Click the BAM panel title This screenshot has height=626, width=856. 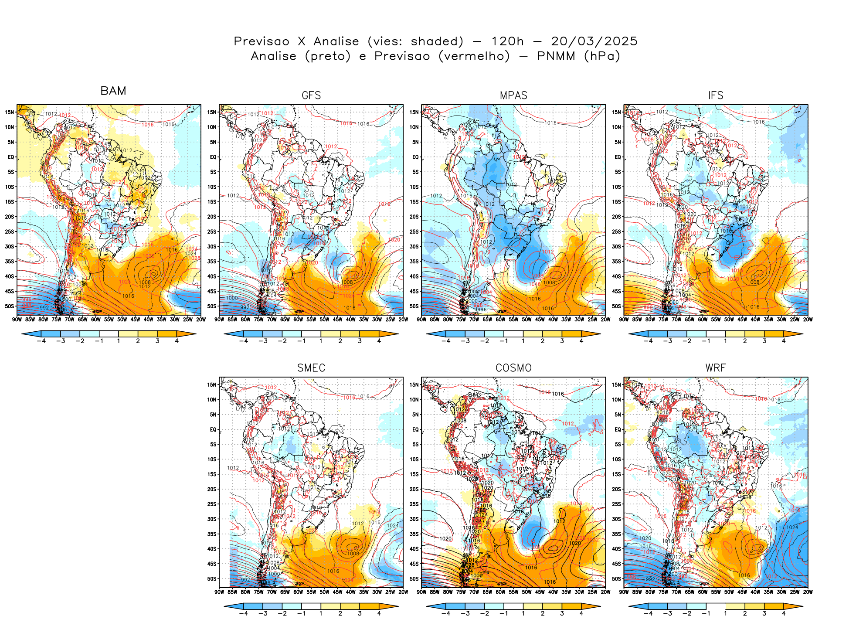click(113, 91)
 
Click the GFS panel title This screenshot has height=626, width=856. click(311, 95)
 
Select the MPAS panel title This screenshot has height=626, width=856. click(513, 95)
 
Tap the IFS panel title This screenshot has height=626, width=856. click(716, 95)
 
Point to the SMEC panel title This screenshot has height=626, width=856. click(311, 368)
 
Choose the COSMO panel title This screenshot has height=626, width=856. click(513, 368)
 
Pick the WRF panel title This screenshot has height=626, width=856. click(716, 368)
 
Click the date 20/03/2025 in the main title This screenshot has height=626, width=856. click(594, 41)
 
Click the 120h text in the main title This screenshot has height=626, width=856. click(507, 41)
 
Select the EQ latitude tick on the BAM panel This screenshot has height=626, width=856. click(11, 157)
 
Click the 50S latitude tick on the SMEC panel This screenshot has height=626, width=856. click(212, 579)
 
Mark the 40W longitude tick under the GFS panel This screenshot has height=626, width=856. click(351, 320)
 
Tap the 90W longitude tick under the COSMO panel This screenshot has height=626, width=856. click(421, 592)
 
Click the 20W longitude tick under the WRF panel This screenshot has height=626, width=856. click(808, 592)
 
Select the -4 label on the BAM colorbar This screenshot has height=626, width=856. click(41, 341)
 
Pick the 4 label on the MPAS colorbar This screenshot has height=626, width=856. click(581, 341)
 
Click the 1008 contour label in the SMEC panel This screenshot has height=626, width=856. click(353, 554)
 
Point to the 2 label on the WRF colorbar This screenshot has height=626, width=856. click(745, 613)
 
